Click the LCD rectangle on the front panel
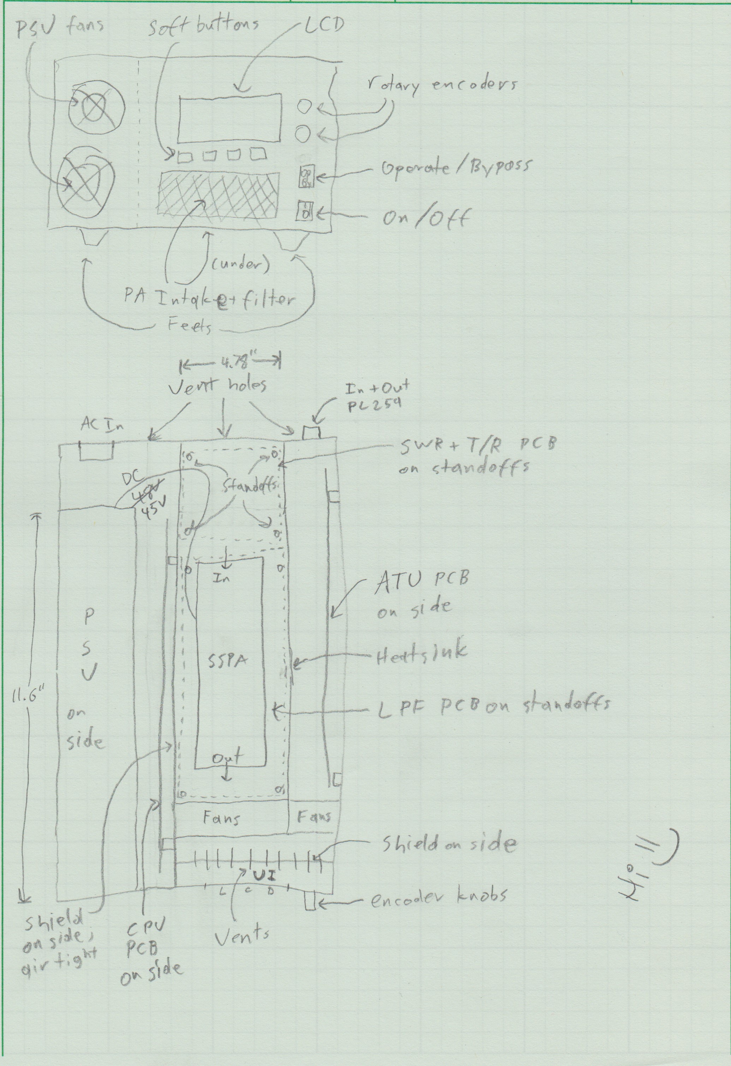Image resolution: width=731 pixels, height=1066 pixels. point(229,118)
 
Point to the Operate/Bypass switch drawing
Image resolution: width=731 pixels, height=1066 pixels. point(305,177)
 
